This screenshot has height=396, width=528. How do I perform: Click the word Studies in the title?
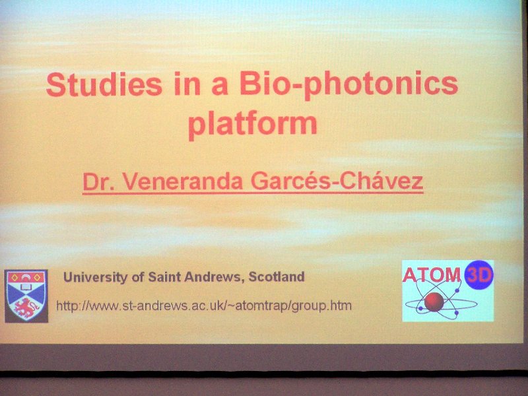(104, 84)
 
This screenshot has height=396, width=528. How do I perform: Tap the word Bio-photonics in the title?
(349, 86)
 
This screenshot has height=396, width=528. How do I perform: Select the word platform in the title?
(253, 124)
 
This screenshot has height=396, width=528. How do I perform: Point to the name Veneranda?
(182, 181)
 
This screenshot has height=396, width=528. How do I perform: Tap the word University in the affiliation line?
(96, 277)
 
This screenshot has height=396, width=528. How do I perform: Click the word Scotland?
(277, 277)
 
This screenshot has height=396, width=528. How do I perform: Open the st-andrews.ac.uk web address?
(204, 306)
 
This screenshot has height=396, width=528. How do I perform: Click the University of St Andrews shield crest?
(26, 296)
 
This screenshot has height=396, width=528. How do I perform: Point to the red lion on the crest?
(26, 308)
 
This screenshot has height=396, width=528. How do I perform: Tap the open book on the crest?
(26, 287)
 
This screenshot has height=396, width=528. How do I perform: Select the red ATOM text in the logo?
(432, 275)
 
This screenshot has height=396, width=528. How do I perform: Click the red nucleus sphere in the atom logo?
(434, 302)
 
